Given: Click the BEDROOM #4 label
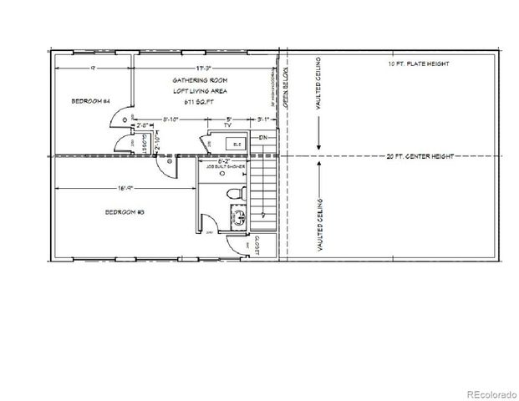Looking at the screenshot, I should pyautogui.click(x=92, y=101).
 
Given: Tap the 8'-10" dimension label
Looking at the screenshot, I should pyautogui.click(x=171, y=120).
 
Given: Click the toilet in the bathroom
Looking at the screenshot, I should pyautogui.click(x=237, y=194).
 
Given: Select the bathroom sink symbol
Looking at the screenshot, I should pyautogui.click(x=237, y=219).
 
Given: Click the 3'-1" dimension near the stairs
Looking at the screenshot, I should pyautogui.click(x=264, y=120).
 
